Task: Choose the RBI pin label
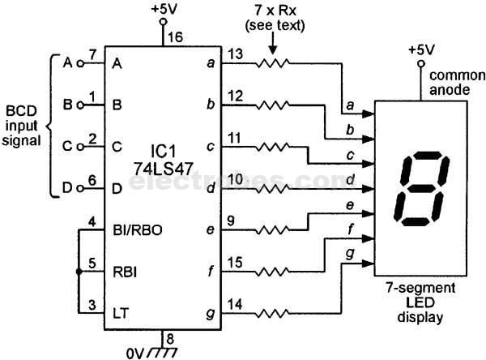[125, 271]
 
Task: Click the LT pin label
[120, 309]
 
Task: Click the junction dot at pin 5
[79, 271]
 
